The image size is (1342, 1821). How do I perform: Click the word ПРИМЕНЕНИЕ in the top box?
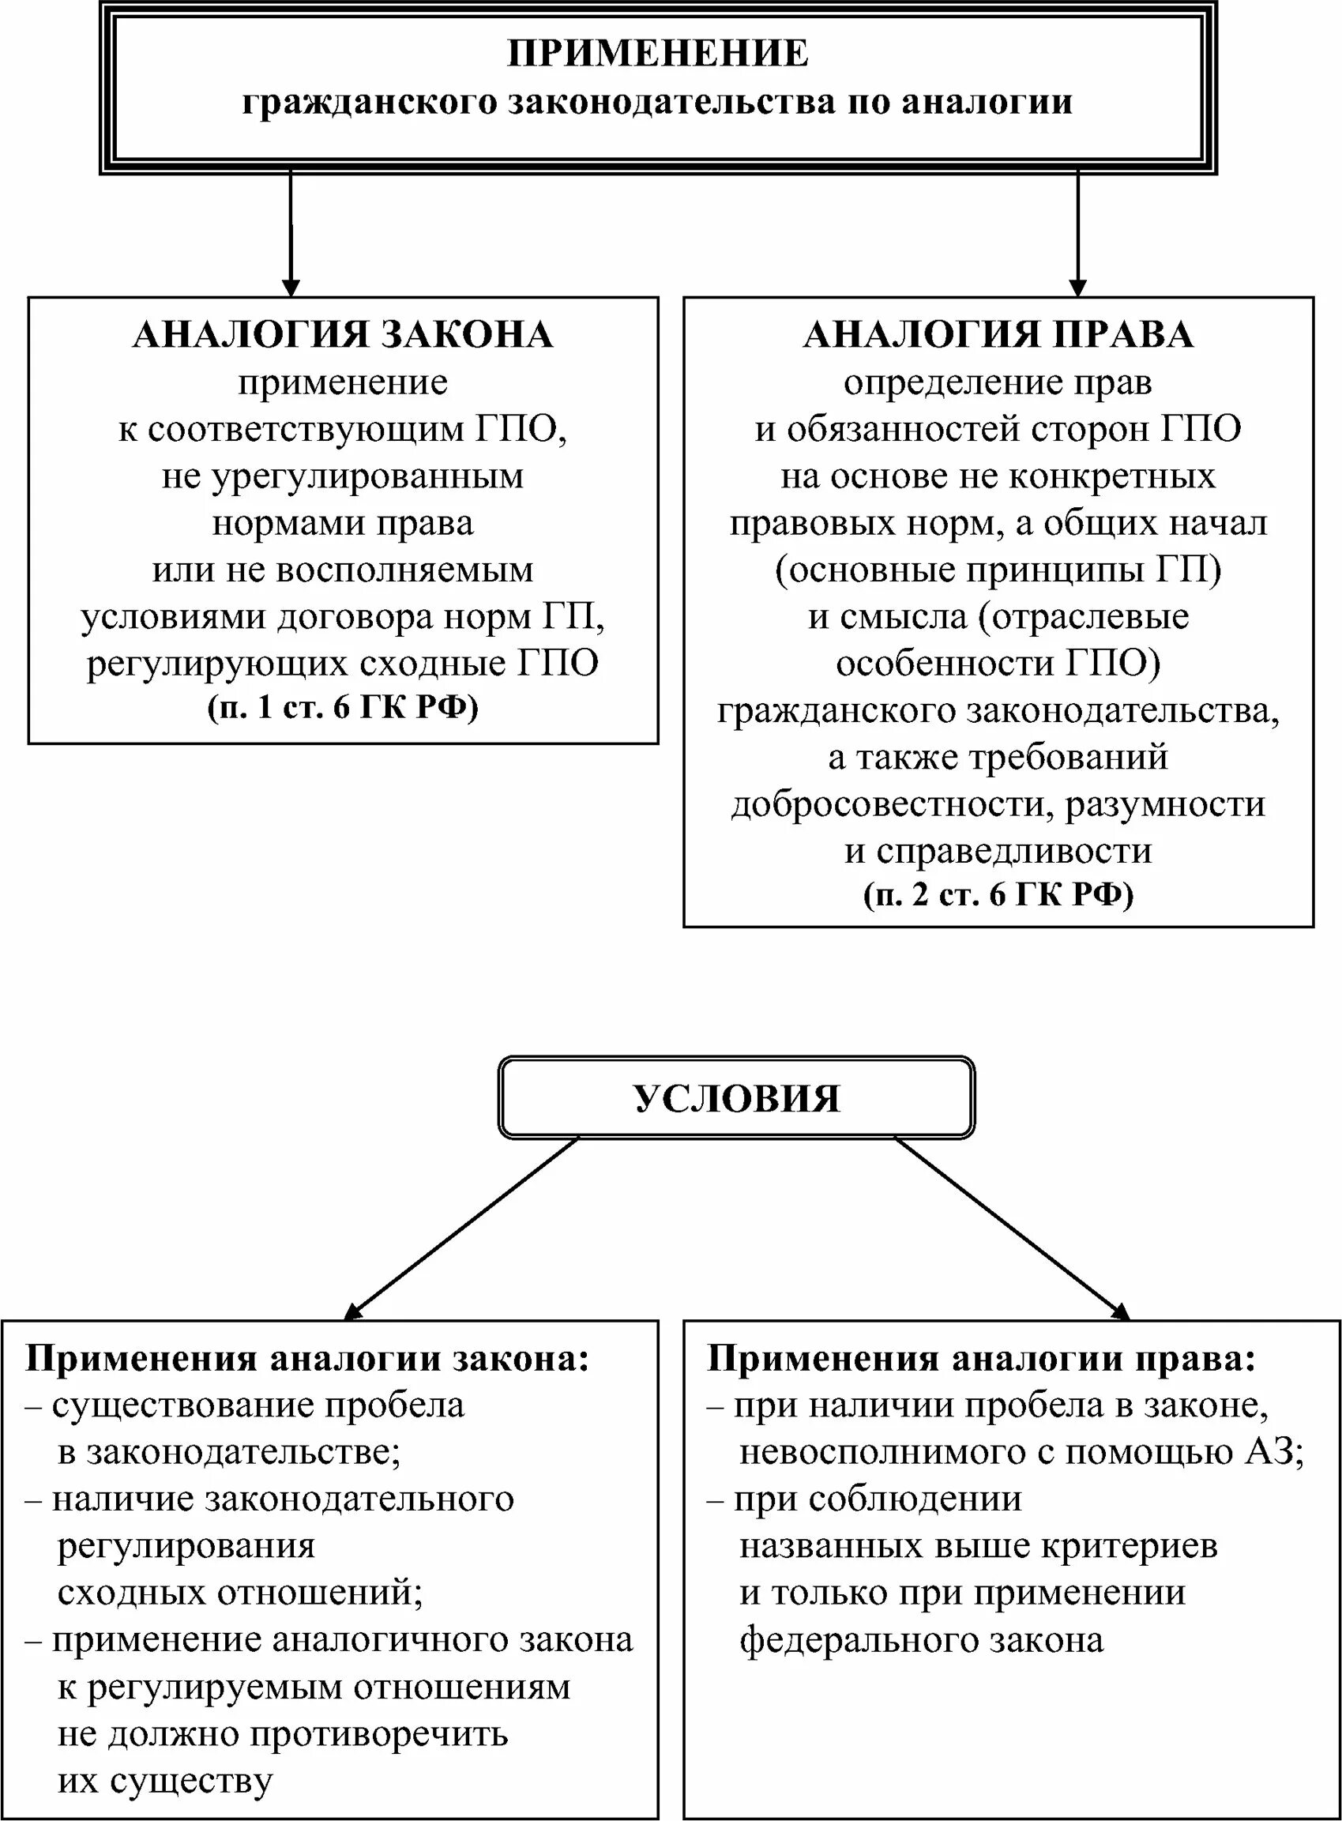click(x=658, y=54)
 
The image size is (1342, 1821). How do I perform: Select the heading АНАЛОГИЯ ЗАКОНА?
click(x=343, y=335)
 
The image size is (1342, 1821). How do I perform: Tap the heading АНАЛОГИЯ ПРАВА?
click(x=998, y=335)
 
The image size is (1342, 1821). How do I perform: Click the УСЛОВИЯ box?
click(x=736, y=1098)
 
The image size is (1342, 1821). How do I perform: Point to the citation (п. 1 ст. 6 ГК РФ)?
click(x=343, y=708)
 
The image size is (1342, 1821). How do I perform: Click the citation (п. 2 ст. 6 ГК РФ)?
click(x=998, y=894)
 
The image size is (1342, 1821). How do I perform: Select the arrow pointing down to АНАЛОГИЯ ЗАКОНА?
click(x=290, y=235)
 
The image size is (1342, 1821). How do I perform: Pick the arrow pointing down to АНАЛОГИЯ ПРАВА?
click(x=1077, y=235)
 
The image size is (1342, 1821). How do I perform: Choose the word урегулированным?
click(x=368, y=476)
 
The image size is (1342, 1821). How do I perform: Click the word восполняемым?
click(x=404, y=570)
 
